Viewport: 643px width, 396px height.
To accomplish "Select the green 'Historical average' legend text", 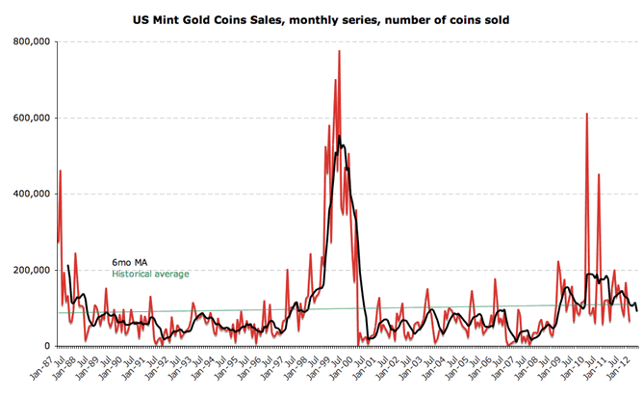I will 151,274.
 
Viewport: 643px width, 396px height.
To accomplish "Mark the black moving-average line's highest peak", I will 340,145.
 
